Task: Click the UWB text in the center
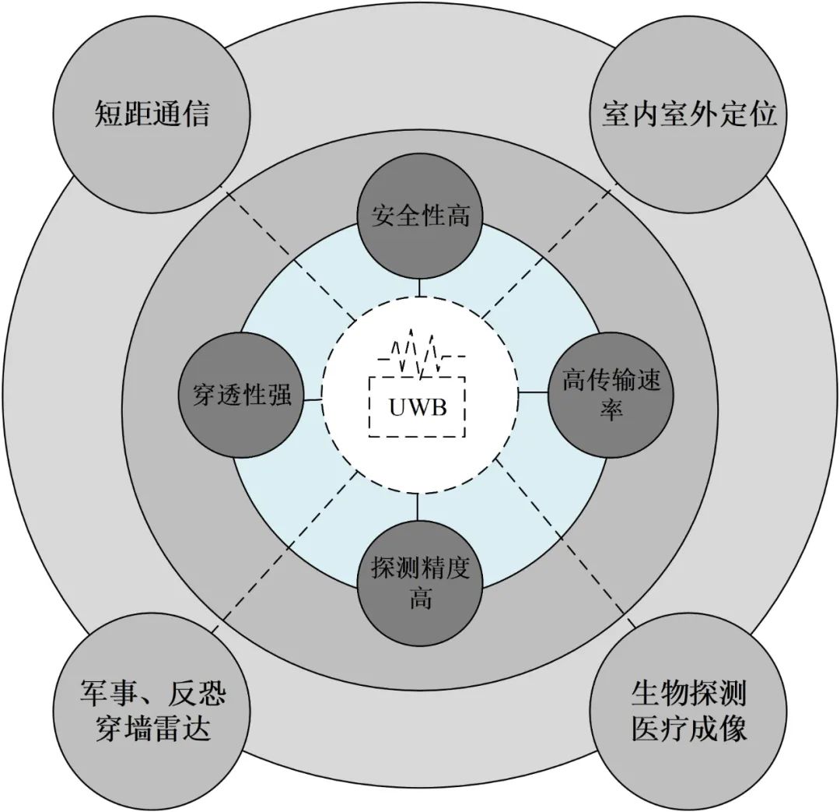[x=418, y=406]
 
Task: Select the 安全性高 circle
[x=420, y=216]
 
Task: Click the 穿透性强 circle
[x=242, y=395]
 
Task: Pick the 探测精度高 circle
[x=420, y=582]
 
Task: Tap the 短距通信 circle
[x=152, y=115]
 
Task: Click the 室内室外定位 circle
[x=689, y=115]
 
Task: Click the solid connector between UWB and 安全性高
[x=419, y=288]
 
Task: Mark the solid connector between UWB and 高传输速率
[x=534, y=392]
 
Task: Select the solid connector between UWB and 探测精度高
[x=418, y=506]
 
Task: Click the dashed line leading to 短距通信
[x=288, y=253]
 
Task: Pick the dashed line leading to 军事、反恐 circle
[x=288, y=545]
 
